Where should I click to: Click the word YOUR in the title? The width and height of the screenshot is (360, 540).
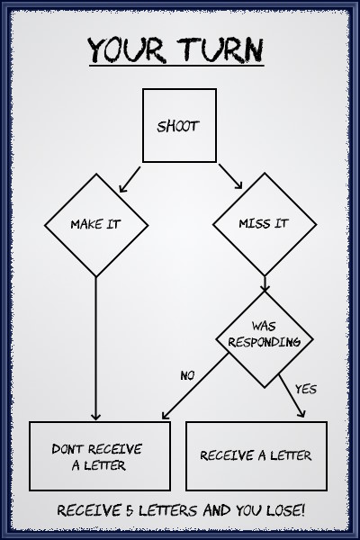point(126,49)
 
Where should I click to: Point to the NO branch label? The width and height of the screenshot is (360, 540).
point(187,375)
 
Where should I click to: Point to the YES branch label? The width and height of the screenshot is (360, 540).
point(306,389)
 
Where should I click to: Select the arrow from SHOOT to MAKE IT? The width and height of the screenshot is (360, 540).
point(130,179)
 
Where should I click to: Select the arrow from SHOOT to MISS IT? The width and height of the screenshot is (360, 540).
point(230,176)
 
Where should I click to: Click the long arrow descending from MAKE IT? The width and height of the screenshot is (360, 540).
point(95,348)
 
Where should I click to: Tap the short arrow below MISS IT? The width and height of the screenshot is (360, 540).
point(265,283)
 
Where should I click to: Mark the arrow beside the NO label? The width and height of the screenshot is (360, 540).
point(195,386)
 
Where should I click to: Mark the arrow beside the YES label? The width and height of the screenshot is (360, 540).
point(292,396)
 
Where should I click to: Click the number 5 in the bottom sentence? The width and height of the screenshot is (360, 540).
point(130,510)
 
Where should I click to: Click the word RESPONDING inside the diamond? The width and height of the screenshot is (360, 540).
point(265,342)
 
